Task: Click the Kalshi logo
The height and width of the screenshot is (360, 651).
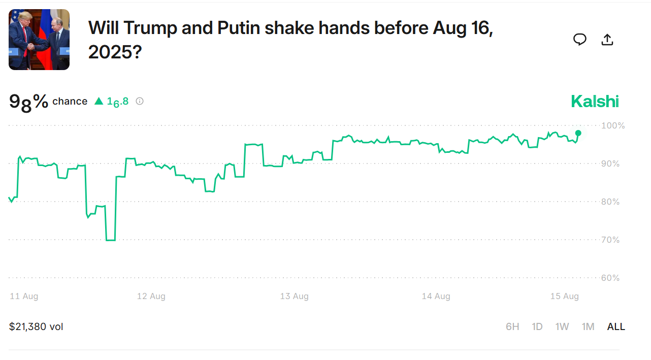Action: (595, 101)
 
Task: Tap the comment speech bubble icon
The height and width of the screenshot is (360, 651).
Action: (580, 40)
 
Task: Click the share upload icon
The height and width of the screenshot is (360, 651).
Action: (607, 40)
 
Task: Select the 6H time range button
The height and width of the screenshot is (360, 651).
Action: (512, 326)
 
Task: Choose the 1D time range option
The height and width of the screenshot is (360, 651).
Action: (537, 326)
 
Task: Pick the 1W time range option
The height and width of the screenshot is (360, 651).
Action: (562, 326)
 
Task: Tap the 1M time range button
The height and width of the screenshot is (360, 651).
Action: (588, 326)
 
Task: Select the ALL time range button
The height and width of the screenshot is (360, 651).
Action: (616, 326)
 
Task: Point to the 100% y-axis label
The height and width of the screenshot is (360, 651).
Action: (613, 125)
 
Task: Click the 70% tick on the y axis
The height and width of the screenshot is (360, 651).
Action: (611, 240)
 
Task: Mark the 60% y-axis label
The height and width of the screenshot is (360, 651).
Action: (611, 278)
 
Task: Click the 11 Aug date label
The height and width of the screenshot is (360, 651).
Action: (24, 296)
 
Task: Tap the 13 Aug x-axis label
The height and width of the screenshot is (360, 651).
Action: (295, 296)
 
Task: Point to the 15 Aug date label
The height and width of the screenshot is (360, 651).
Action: (565, 296)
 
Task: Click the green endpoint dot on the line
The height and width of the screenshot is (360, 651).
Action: (578, 133)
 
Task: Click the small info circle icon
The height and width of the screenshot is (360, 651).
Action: (140, 101)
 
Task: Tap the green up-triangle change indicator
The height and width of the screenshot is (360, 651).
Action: (99, 101)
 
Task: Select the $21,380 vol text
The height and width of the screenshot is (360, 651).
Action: (36, 326)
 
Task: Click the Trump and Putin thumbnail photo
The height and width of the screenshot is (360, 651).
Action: (39, 40)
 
